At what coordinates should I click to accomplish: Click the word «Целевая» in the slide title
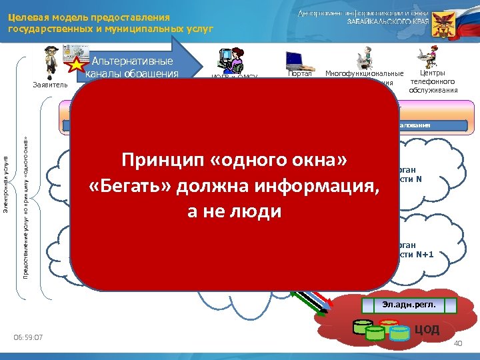click(27, 17)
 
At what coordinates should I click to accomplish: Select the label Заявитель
click(50, 85)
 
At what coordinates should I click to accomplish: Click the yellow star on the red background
click(75, 65)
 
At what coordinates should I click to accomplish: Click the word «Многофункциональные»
click(364, 73)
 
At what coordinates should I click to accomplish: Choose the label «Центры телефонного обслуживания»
click(433, 81)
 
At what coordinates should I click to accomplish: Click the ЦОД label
click(427, 329)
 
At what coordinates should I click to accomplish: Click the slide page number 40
click(457, 343)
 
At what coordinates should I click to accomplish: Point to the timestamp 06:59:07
click(28, 338)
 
